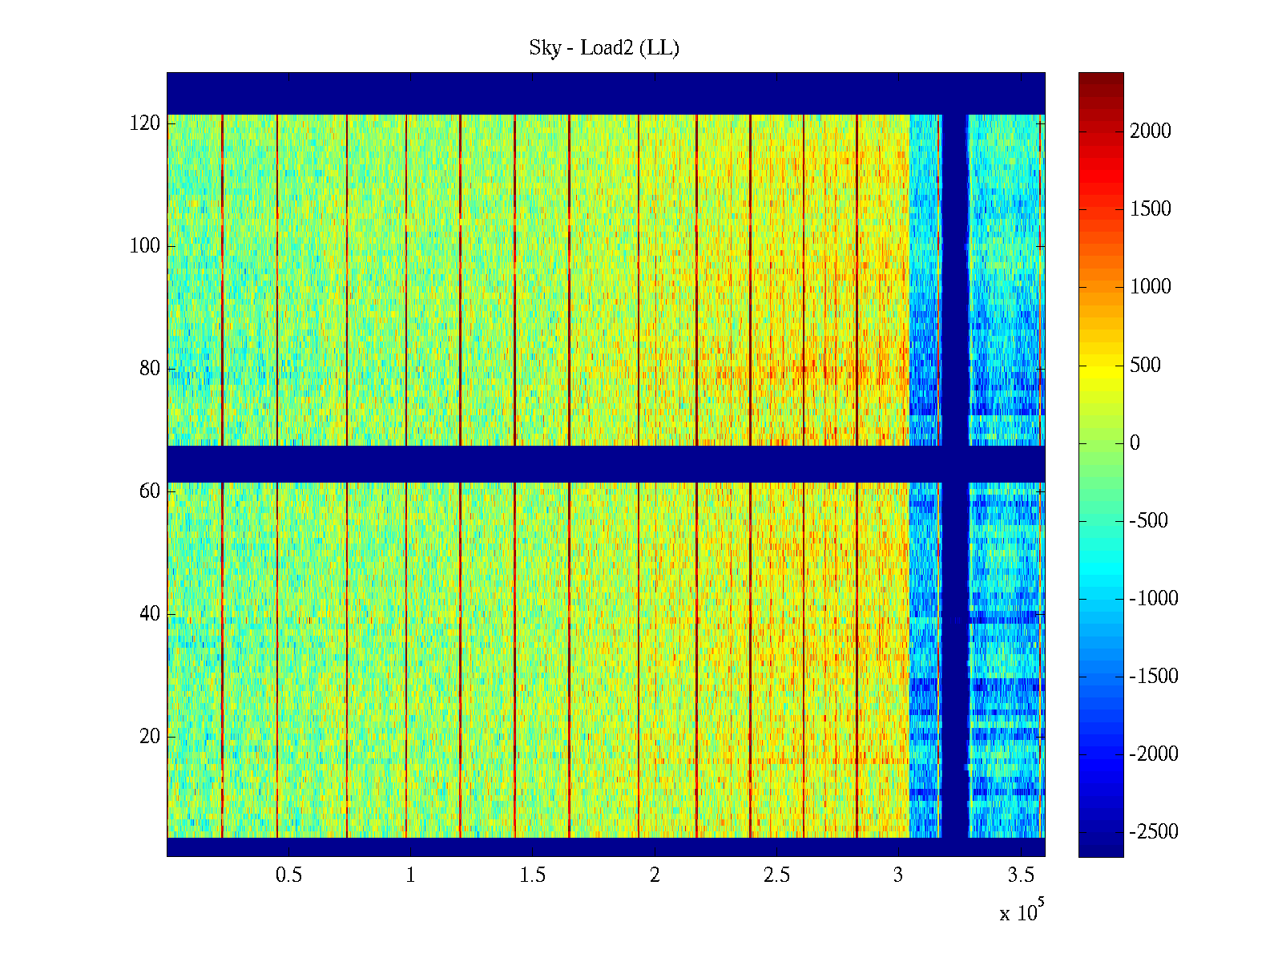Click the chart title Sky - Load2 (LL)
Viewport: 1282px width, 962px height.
[604, 48]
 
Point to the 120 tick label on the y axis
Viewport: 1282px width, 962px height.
[145, 123]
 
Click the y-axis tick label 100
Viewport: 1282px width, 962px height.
[145, 246]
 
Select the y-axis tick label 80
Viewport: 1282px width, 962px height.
[150, 369]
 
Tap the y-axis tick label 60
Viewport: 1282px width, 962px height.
[150, 491]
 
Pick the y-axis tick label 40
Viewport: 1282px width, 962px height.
[150, 614]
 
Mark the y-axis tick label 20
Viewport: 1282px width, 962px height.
[150, 737]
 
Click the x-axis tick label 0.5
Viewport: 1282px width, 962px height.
[288, 875]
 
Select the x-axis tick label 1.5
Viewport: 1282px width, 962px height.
[533, 875]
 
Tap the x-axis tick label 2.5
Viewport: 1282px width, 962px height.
[776, 875]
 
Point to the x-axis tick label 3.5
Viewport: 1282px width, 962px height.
[1021, 875]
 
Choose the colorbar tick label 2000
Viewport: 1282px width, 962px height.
[1151, 131]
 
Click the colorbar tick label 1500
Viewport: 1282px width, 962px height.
[1151, 209]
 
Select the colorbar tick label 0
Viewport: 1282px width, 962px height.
[1135, 443]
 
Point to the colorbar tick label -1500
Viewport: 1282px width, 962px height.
[1154, 677]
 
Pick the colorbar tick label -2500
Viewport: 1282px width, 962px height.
[1154, 832]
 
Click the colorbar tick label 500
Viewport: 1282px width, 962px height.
[1145, 366]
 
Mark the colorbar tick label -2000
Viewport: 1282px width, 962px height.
[1154, 754]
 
